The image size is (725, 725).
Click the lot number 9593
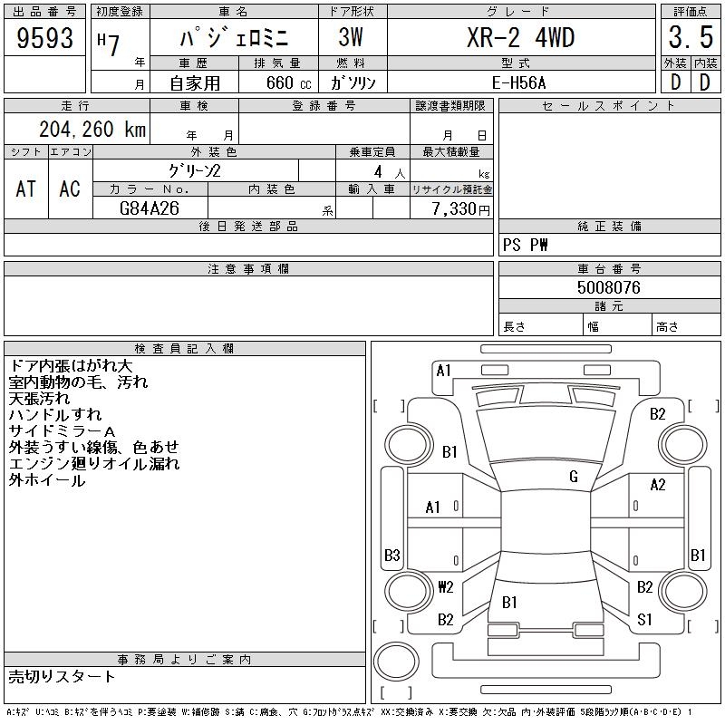(45, 37)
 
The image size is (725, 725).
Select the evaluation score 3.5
(690, 38)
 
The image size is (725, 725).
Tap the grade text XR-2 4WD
(520, 38)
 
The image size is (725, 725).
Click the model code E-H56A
(520, 82)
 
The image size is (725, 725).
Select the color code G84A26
(150, 208)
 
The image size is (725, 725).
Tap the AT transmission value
(26, 188)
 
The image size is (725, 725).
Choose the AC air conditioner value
(70, 188)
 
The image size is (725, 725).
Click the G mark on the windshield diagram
(573, 477)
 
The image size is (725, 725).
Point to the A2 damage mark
(658, 485)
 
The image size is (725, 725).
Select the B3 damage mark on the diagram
(392, 555)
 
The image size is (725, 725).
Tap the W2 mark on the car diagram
(445, 586)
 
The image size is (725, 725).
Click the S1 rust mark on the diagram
(645, 620)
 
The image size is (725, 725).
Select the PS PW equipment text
(526, 245)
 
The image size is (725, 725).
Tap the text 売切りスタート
(63, 676)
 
